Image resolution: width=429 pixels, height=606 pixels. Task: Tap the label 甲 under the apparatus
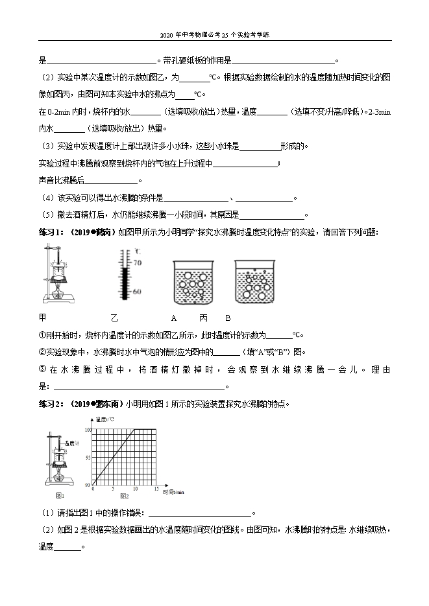[x=43, y=318]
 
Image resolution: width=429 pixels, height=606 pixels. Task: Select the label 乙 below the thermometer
[x=114, y=318]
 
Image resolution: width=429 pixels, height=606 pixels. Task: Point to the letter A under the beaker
[x=174, y=318]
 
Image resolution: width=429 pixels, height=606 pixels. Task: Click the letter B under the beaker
[x=228, y=318]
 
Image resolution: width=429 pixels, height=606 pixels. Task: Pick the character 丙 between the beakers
[x=203, y=318]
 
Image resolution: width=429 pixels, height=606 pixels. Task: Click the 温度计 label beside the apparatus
[x=73, y=443]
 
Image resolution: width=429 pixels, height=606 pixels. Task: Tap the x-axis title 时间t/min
[x=174, y=493]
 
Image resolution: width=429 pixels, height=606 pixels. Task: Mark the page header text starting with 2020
[x=214, y=35]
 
